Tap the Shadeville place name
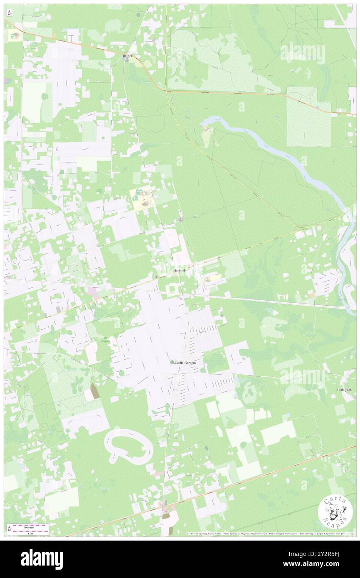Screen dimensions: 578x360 pyautogui.click(x=180, y=271)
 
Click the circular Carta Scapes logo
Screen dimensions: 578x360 pyautogui.click(x=335, y=513)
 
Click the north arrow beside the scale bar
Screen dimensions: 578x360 pyautogui.click(x=10, y=529)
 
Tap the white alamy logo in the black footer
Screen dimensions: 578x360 pyautogui.click(x=42, y=559)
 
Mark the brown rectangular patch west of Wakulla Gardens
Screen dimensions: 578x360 pyautogui.click(x=95, y=391)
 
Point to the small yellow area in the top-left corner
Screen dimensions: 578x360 pyautogui.click(x=14, y=35)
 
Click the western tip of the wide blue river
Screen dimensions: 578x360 pyautogui.click(x=202, y=121)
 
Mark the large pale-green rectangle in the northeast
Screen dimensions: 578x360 pyautogui.click(x=308, y=117)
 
